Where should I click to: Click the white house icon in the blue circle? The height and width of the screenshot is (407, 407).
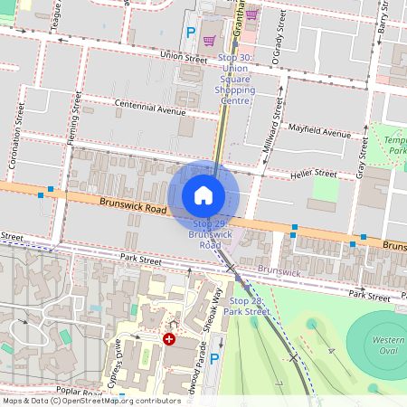pos(203,195)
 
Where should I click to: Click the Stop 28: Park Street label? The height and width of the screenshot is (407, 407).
pos(250,306)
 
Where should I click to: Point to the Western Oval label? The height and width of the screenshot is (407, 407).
pos(388,346)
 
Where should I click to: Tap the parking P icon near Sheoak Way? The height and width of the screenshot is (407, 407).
pos(214,360)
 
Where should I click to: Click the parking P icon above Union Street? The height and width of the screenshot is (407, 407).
pos(190,32)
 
